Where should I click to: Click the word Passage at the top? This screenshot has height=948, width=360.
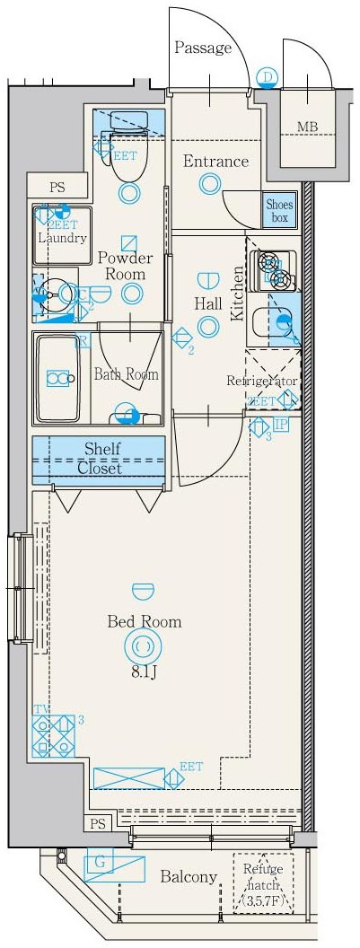click(203, 48)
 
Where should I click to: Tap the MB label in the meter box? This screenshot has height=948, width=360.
click(307, 127)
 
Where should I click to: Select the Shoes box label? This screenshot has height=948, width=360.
click(279, 211)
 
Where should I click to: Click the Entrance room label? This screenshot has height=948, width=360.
click(215, 162)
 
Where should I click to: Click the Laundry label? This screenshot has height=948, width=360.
click(62, 238)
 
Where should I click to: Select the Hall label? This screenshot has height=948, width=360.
click(208, 303)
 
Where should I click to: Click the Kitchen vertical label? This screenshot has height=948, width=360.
click(238, 293)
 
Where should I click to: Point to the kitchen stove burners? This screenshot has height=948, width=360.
click(271, 270)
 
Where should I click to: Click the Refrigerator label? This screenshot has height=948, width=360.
click(261, 381)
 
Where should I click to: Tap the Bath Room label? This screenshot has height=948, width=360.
click(126, 374)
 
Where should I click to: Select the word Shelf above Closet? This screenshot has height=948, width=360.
click(101, 448)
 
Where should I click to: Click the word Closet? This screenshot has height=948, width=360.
click(100, 468)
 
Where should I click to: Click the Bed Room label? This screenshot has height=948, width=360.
click(144, 621)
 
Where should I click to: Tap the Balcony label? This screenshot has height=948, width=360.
click(189, 877)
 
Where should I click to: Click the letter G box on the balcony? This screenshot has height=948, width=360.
click(101, 865)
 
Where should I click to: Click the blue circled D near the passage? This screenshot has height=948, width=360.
click(267, 76)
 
